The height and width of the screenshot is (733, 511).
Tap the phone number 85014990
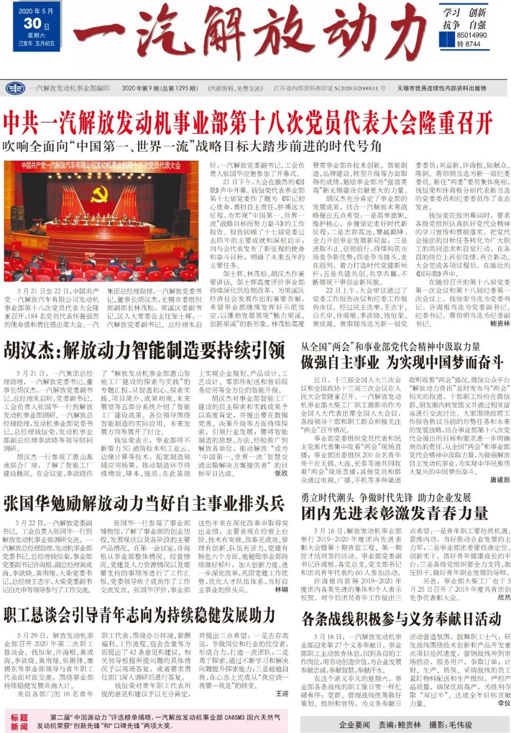coord(472,35)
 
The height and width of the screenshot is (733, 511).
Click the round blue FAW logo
coord(15,88)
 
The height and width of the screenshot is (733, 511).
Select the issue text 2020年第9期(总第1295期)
coord(159,88)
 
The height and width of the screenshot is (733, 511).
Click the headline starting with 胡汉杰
coord(144,351)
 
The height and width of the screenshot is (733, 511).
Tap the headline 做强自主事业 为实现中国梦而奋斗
coord(402,363)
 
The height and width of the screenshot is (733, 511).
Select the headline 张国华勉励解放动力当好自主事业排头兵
coord(144,503)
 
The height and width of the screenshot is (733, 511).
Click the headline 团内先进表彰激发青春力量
coord(395,513)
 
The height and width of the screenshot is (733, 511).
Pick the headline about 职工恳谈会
coord(140,615)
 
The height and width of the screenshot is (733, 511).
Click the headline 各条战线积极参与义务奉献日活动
coord(401,618)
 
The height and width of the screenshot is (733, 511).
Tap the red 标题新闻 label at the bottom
coord(19,722)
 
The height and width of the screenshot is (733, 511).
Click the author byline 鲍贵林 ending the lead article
coord(500,323)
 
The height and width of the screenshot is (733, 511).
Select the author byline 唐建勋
coord(500,480)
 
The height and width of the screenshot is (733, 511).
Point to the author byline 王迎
coord(282,693)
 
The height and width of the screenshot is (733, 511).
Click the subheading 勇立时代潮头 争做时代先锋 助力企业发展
coord(386,497)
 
